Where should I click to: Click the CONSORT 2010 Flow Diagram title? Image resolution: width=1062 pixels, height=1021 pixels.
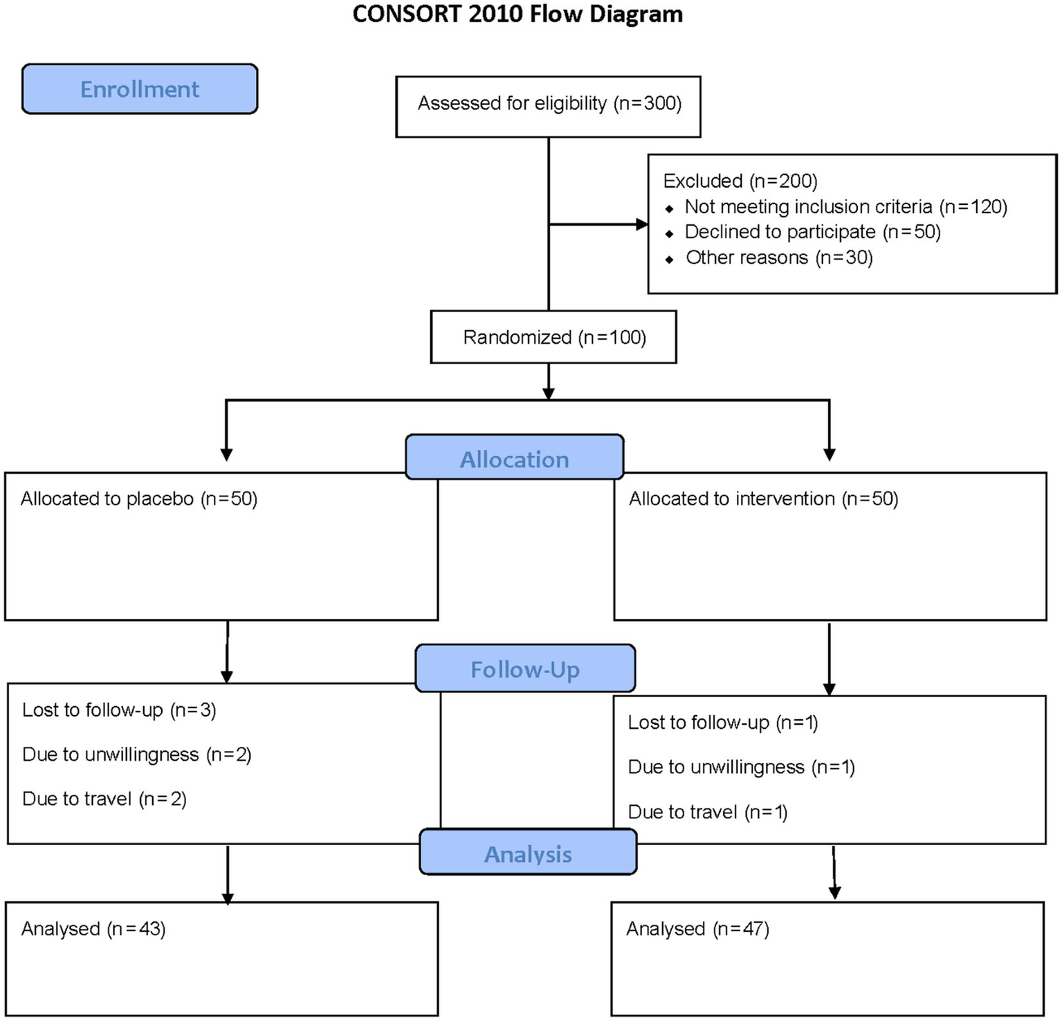(518, 15)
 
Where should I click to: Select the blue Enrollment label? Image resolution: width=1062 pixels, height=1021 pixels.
(140, 89)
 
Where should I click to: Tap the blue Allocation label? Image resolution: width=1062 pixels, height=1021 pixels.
(515, 459)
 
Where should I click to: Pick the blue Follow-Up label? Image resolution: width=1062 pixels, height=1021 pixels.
(525, 669)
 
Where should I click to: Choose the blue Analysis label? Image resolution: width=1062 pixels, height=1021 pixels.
(528, 853)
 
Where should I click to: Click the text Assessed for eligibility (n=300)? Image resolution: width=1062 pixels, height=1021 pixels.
(549, 104)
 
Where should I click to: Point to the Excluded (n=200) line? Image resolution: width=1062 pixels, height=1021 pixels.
(740, 181)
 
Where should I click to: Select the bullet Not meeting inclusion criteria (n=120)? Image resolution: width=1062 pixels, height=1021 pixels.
(845, 207)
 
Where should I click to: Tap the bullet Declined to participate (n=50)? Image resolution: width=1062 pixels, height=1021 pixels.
(812, 232)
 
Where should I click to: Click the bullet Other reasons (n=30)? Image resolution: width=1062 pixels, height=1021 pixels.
(779, 257)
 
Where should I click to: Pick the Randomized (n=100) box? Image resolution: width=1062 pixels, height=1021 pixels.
(554, 337)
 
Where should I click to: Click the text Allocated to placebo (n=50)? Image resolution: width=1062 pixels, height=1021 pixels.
(139, 499)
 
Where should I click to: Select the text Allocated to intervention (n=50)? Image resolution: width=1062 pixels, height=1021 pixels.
(763, 499)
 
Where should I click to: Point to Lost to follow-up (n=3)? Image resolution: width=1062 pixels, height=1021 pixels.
(119, 710)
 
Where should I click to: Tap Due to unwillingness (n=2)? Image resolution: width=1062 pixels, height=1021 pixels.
(136, 755)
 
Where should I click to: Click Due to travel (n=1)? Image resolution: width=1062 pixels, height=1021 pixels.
(708, 812)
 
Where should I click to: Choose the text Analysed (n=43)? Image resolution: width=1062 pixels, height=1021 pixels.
(93, 929)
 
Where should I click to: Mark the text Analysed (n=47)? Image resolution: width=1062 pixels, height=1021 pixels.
(697, 929)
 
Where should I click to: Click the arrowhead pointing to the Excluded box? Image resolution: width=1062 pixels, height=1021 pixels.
(641, 224)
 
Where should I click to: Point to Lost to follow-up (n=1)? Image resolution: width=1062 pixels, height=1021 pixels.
(723, 723)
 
